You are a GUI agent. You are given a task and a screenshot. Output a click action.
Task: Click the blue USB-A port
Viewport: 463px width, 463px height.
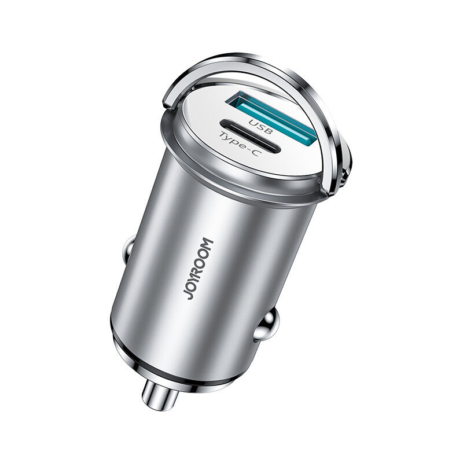(271, 119)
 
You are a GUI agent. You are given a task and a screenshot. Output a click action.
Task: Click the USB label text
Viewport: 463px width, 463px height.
(260, 126)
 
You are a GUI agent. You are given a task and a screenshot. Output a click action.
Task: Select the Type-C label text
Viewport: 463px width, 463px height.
(240, 144)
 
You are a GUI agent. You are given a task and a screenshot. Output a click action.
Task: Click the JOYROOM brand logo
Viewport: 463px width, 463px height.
(198, 269)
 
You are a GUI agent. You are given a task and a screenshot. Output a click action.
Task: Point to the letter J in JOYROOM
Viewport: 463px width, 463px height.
(189, 295)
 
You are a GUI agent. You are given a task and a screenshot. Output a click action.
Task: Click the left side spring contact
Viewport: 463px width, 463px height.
(128, 248)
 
